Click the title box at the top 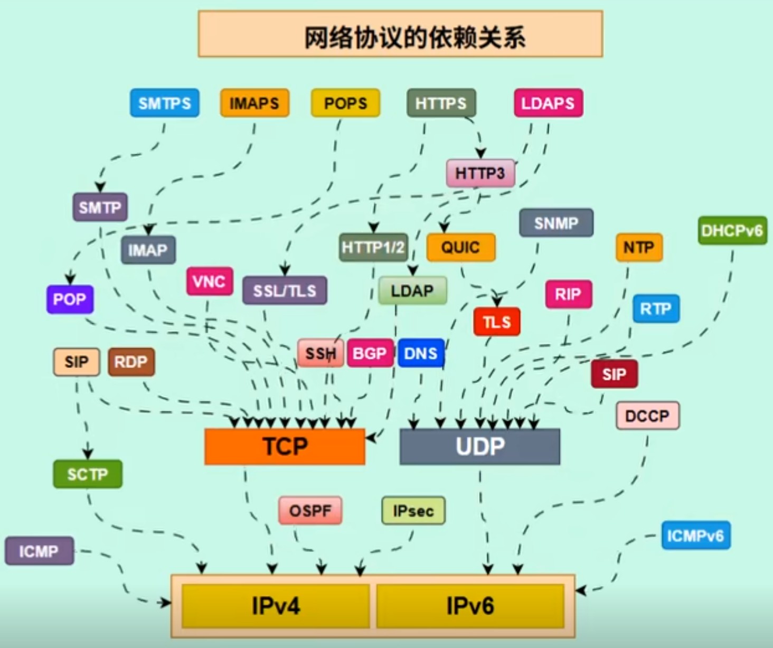tap(400, 34)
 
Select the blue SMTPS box tap(165, 103)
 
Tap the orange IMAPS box tap(254, 103)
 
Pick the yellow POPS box tap(345, 103)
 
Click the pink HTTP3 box tap(480, 173)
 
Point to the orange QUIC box tap(460, 247)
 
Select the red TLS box tap(496, 322)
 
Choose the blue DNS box tap(420, 353)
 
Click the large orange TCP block tap(285, 446)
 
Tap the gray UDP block tap(479, 446)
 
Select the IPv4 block tap(275, 605)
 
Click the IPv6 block tap(470, 605)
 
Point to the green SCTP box tap(87, 474)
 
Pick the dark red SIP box tap(614, 374)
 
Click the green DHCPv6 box tap(732, 230)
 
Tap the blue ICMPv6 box tap(695, 536)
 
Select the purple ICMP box tap(39, 551)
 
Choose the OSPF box tap(310, 510)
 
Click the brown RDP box tap(131, 362)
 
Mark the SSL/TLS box tap(285, 290)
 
